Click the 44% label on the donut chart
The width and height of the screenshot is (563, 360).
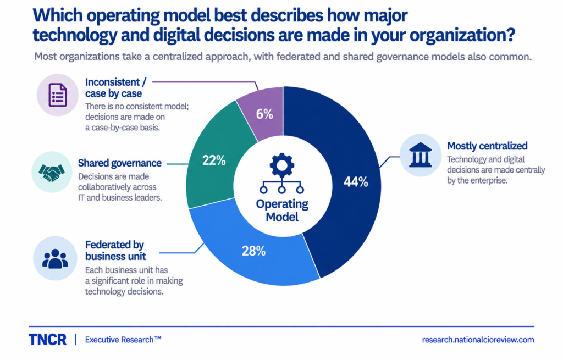pyautogui.click(x=356, y=182)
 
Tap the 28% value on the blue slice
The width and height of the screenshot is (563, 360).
pyautogui.click(x=253, y=251)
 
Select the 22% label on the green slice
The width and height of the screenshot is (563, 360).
pyautogui.click(x=214, y=160)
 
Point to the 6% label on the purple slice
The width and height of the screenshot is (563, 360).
pyautogui.click(x=264, y=114)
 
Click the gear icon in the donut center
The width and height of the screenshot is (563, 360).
pyautogui.click(x=282, y=165)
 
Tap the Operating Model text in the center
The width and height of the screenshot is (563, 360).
pyautogui.click(x=282, y=211)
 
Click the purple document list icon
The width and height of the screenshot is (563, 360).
pyautogui.click(x=57, y=95)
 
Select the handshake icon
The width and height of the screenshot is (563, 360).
pyautogui.click(x=52, y=173)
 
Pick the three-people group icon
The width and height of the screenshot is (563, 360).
pyautogui.click(x=55, y=259)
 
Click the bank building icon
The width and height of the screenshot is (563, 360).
pyautogui.click(x=421, y=155)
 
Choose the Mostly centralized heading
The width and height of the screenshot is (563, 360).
pyautogui.click(x=487, y=146)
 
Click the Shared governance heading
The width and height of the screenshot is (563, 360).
pyautogui.click(x=120, y=163)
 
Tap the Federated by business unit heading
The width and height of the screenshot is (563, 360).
pyautogui.click(x=115, y=251)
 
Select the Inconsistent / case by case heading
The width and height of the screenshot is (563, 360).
pyautogui.click(x=115, y=87)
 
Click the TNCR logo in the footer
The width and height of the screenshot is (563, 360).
pyautogui.click(x=47, y=340)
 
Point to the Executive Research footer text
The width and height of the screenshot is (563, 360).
pyautogui.click(x=123, y=340)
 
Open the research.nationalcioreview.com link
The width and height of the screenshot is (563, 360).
pyautogui.click(x=478, y=340)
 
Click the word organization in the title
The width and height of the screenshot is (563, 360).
pyautogui.click(x=454, y=35)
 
